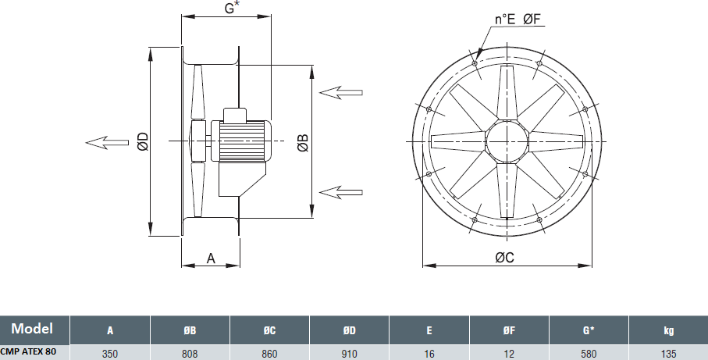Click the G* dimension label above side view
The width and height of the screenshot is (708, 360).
[232, 8]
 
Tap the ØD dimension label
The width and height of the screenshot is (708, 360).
[143, 141]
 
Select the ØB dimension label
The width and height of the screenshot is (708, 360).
[303, 142]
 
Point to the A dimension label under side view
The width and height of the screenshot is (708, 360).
[211, 258]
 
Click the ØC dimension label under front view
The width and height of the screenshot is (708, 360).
[504, 258]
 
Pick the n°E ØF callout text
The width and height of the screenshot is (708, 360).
[518, 19]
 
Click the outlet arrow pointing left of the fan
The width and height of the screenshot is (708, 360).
[108, 142]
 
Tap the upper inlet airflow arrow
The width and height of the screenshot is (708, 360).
[341, 93]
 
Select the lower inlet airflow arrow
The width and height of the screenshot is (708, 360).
[341, 192]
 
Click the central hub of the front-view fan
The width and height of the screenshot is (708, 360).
[507, 141]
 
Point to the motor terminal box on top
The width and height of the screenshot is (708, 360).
[235, 115]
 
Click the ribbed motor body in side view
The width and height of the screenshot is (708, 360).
[241, 141]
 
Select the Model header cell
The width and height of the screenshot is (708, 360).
[32, 329]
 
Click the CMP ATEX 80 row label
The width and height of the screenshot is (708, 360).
[28, 351]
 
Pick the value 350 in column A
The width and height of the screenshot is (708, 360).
[110, 353]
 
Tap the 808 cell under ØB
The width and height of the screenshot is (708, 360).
[190, 353]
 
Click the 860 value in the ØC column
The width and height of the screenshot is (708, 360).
[269, 353]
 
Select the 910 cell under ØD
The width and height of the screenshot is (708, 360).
[349, 353]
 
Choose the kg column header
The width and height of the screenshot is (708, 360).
[668, 330]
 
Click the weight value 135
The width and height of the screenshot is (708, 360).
[668, 353]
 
